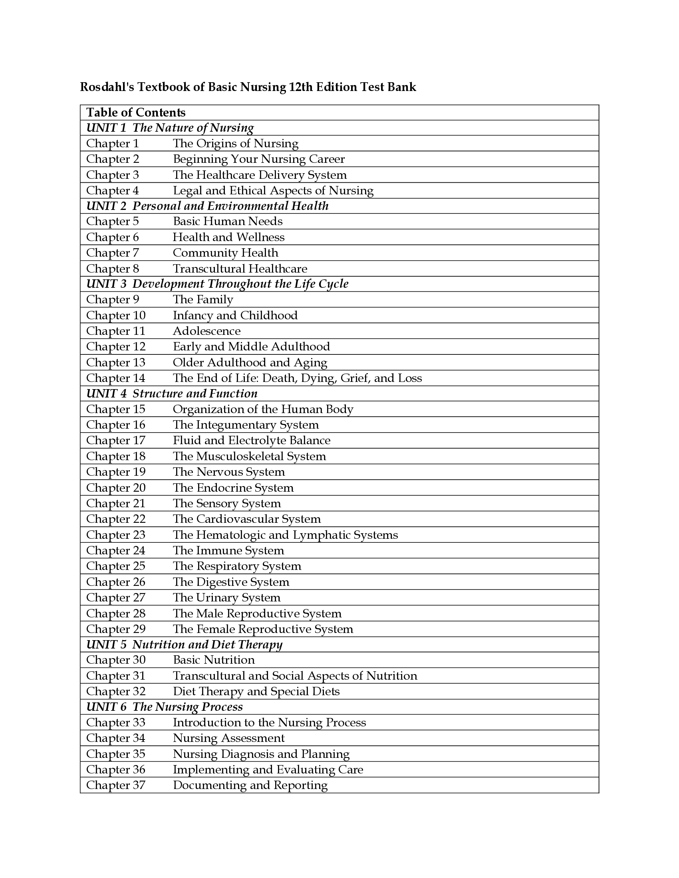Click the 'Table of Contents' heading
(135, 113)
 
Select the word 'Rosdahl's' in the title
(107, 87)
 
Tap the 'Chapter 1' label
(112, 144)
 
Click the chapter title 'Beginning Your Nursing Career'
(259, 159)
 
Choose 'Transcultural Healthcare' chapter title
(240, 269)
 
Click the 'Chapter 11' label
(115, 331)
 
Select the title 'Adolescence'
(206, 331)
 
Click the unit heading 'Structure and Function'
(195, 394)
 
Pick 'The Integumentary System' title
(245, 425)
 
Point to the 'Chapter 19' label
(115, 472)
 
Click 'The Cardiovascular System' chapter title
(246, 519)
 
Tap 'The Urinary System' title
(226, 598)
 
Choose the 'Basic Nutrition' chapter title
(214, 660)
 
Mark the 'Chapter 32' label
(115, 692)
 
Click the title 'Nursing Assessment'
(228, 738)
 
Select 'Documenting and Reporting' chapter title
(250, 785)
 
